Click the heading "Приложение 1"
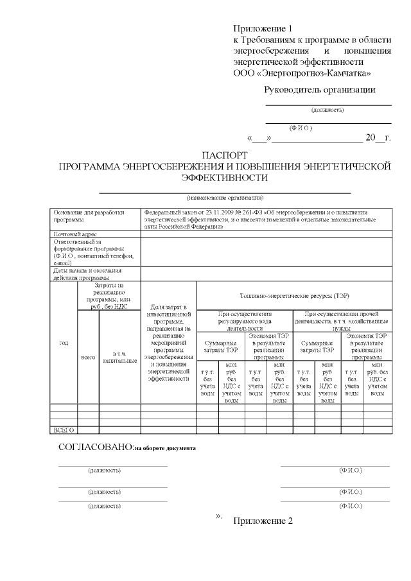click(x=263, y=29)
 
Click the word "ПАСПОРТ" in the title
click(x=224, y=156)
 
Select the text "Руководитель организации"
click(x=320, y=90)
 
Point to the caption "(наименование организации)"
click(x=224, y=197)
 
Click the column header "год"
click(x=64, y=343)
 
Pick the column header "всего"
click(x=88, y=356)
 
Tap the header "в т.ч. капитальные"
click(x=119, y=357)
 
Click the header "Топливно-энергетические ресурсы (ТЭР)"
click(x=293, y=295)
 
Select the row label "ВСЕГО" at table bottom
click(x=64, y=429)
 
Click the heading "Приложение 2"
click(x=263, y=521)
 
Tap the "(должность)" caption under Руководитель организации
click(x=328, y=110)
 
